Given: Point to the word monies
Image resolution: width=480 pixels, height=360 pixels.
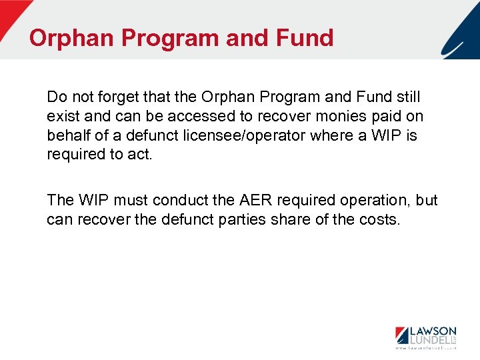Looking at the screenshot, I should click(x=354, y=117).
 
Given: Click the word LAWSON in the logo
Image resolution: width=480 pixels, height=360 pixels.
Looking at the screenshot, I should click(x=432, y=331).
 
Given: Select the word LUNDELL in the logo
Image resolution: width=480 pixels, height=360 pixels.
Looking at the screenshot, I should click(x=429, y=341).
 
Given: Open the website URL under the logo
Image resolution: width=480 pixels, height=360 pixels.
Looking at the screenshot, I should click(x=426, y=349).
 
